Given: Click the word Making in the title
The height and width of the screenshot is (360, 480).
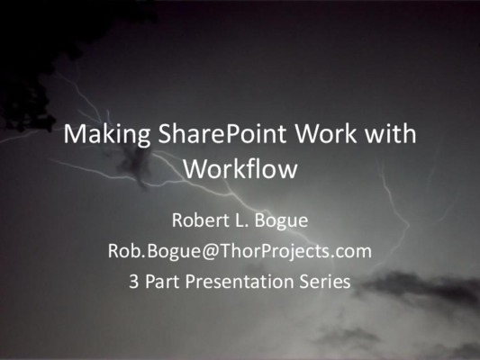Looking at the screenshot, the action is point(106,135).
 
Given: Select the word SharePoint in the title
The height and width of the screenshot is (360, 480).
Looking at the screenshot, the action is point(222,134).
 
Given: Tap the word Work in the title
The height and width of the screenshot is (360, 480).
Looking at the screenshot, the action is point(326,134).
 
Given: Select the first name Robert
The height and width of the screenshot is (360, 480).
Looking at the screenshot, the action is point(201,220).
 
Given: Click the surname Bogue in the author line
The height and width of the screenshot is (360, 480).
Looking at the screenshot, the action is point(281,221).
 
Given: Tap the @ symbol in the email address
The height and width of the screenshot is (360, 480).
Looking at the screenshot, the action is point(210,251).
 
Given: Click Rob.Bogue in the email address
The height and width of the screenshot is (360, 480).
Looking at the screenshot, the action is point(154,251).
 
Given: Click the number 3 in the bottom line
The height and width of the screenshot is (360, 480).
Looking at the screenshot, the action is point(133,282).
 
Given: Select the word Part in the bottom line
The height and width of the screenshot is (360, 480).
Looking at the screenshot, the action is point(162,281).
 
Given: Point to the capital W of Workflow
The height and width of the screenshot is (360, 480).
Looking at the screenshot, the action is point(197,168).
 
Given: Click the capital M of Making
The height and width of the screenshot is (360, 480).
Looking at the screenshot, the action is point(74,134).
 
